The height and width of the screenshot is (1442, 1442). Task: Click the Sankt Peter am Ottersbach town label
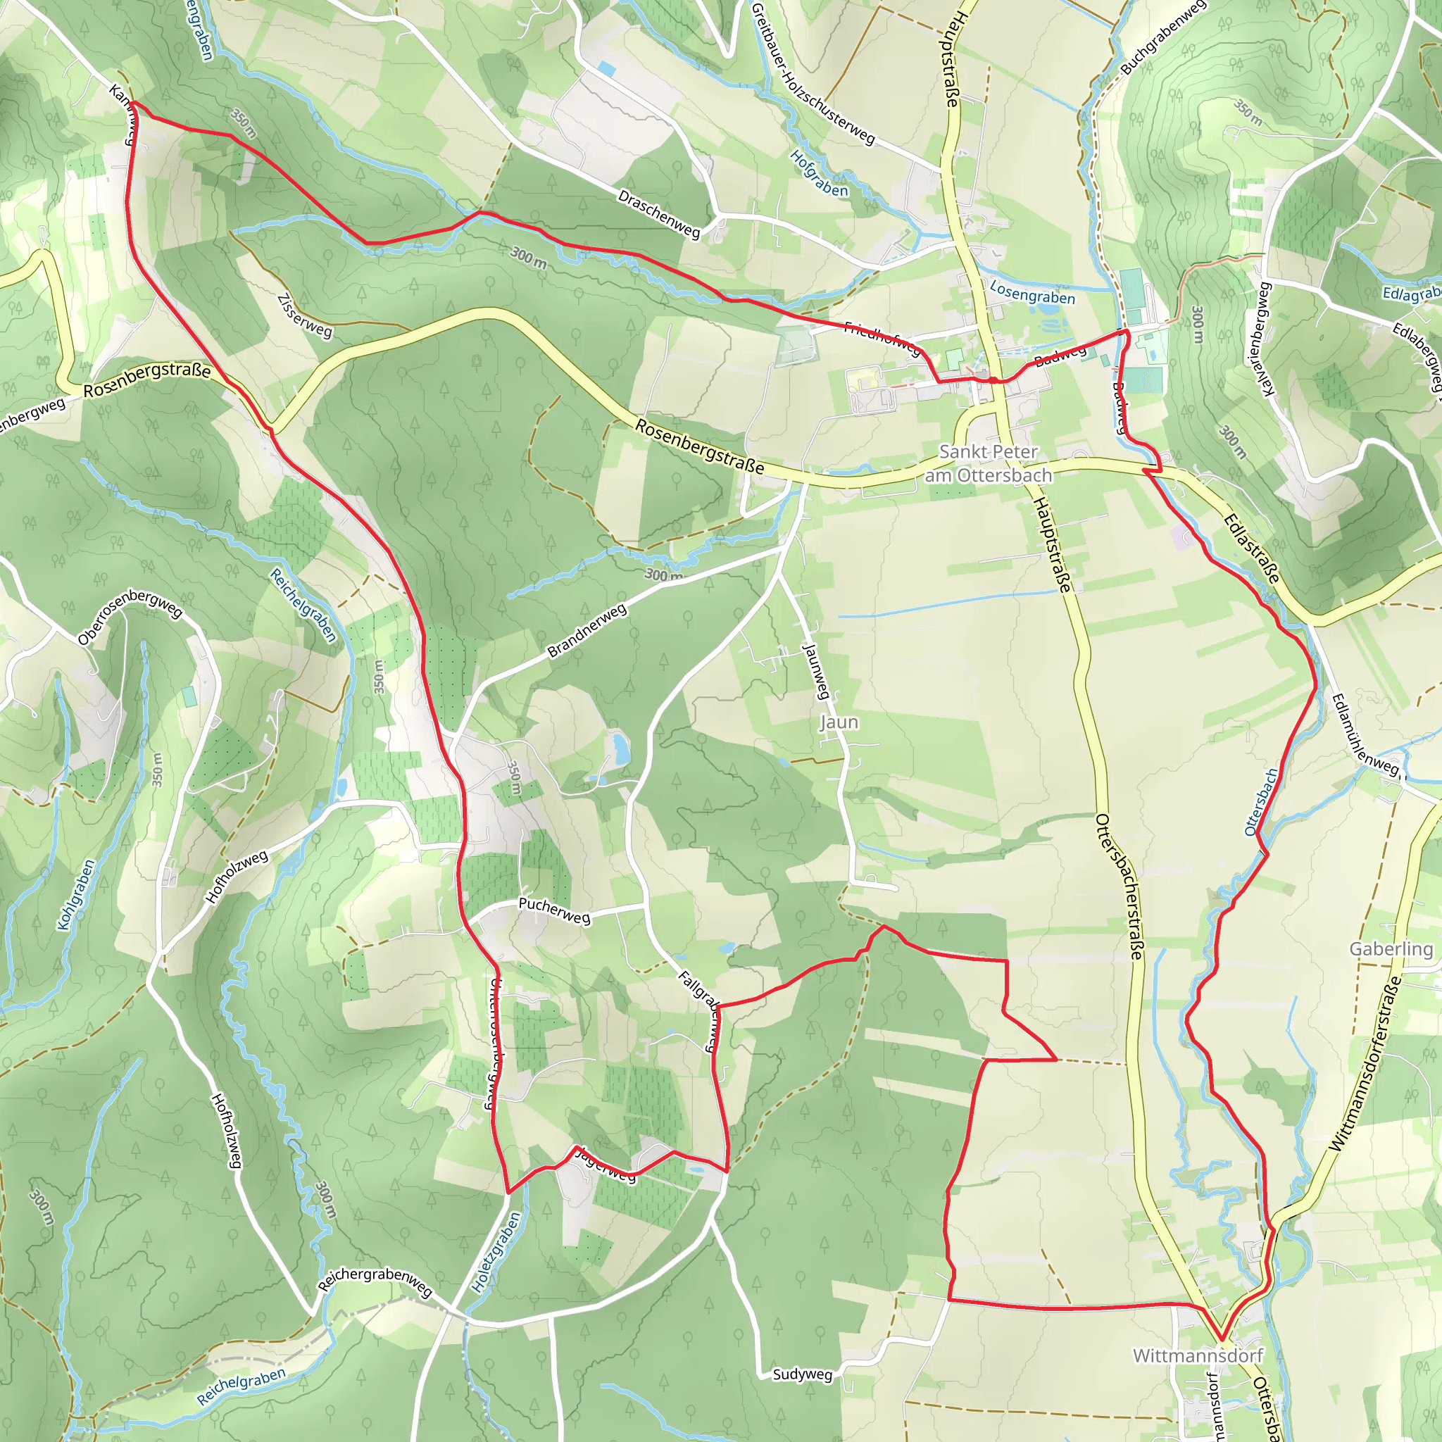(x=988, y=463)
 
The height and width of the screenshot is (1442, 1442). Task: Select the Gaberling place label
(x=1391, y=948)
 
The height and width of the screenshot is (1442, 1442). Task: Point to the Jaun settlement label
(x=839, y=722)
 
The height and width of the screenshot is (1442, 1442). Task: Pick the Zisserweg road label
(x=304, y=316)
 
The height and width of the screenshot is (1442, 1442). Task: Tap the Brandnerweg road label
(x=587, y=632)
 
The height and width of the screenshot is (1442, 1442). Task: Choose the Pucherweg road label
(x=554, y=910)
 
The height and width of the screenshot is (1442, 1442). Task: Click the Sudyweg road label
(x=803, y=1374)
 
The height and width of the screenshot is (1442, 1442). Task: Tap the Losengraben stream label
(x=1032, y=294)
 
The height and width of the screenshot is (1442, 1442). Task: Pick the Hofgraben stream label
(x=819, y=174)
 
